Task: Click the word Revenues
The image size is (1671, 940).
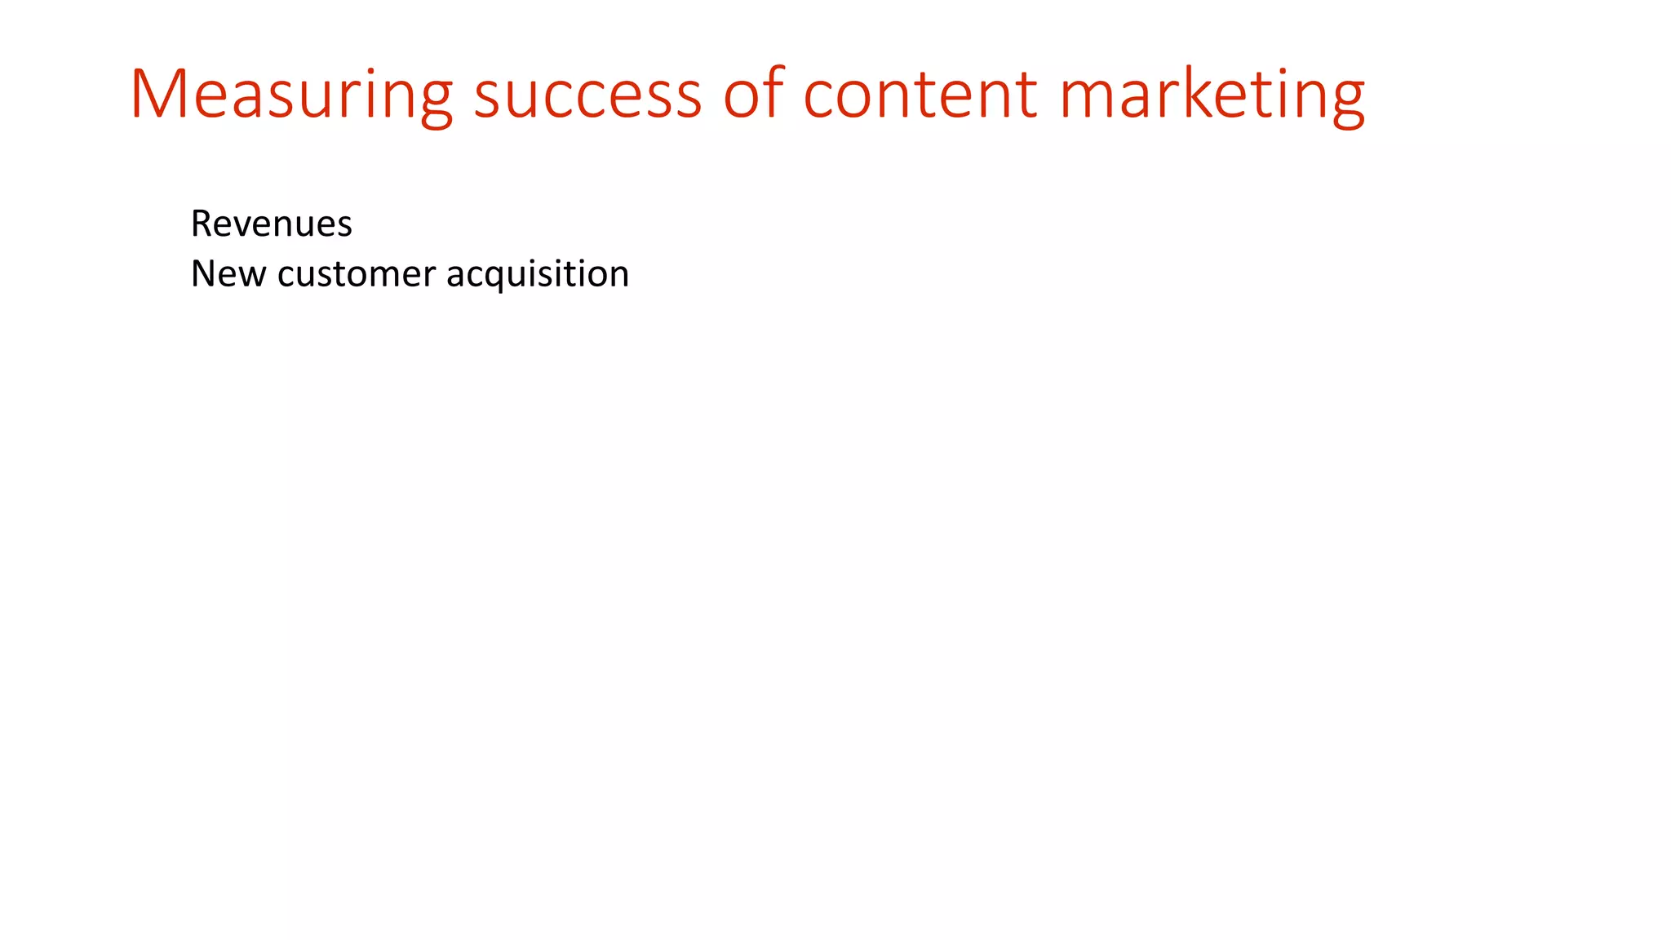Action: (x=271, y=224)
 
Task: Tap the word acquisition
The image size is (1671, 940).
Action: (x=538, y=274)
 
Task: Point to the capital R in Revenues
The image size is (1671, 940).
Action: (x=201, y=224)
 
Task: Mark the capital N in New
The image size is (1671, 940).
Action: (x=202, y=274)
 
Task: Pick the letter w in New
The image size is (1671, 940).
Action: (x=251, y=276)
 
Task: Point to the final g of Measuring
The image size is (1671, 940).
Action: (x=435, y=101)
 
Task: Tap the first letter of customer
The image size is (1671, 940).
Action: (x=286, y=276)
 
